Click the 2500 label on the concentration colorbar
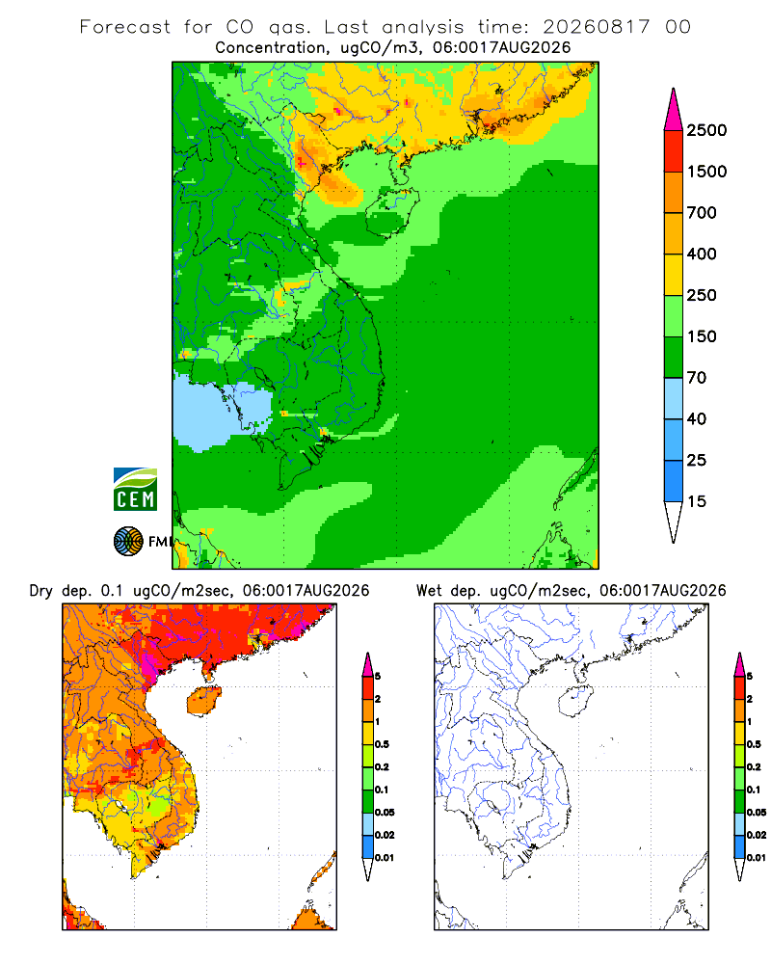(706, 130)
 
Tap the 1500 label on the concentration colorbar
(706, 172)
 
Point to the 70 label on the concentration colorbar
(697, 378)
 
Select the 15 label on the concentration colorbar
(697, 501)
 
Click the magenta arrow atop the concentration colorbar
(674, 110)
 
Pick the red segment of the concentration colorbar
(674, 151)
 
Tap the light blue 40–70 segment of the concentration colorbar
(674, 398)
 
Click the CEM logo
(135, 490)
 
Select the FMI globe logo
(128, 542)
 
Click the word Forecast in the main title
(125, 27)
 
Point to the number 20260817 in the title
(596, 27)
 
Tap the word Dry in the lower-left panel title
(41, 591)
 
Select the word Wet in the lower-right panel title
(429, 591)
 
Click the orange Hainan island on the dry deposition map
(203, 701)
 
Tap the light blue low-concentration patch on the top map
(222, 412)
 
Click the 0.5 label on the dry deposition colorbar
(382, 744)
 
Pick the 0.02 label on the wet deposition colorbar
(757, 835)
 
